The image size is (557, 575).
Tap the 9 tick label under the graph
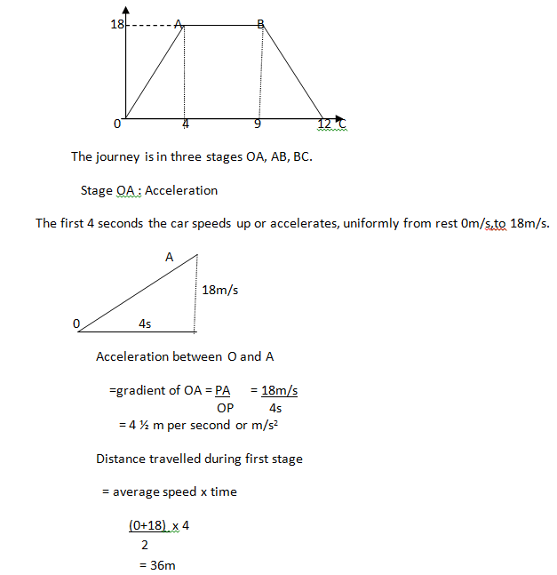(257, 124)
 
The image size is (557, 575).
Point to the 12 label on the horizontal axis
(325, 124)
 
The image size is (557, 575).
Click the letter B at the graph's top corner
(261, 25)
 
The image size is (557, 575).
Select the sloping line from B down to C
(293, 71)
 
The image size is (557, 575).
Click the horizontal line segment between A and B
(222, 26)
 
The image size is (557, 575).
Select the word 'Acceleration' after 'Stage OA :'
(181, 190)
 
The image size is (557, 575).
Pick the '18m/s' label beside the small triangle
(220, 290)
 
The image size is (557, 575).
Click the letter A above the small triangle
(170, 257)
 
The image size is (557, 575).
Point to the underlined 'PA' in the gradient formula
(223, 390)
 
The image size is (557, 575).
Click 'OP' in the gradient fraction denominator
(226, 408)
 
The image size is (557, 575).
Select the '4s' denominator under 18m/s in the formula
(275, 408)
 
